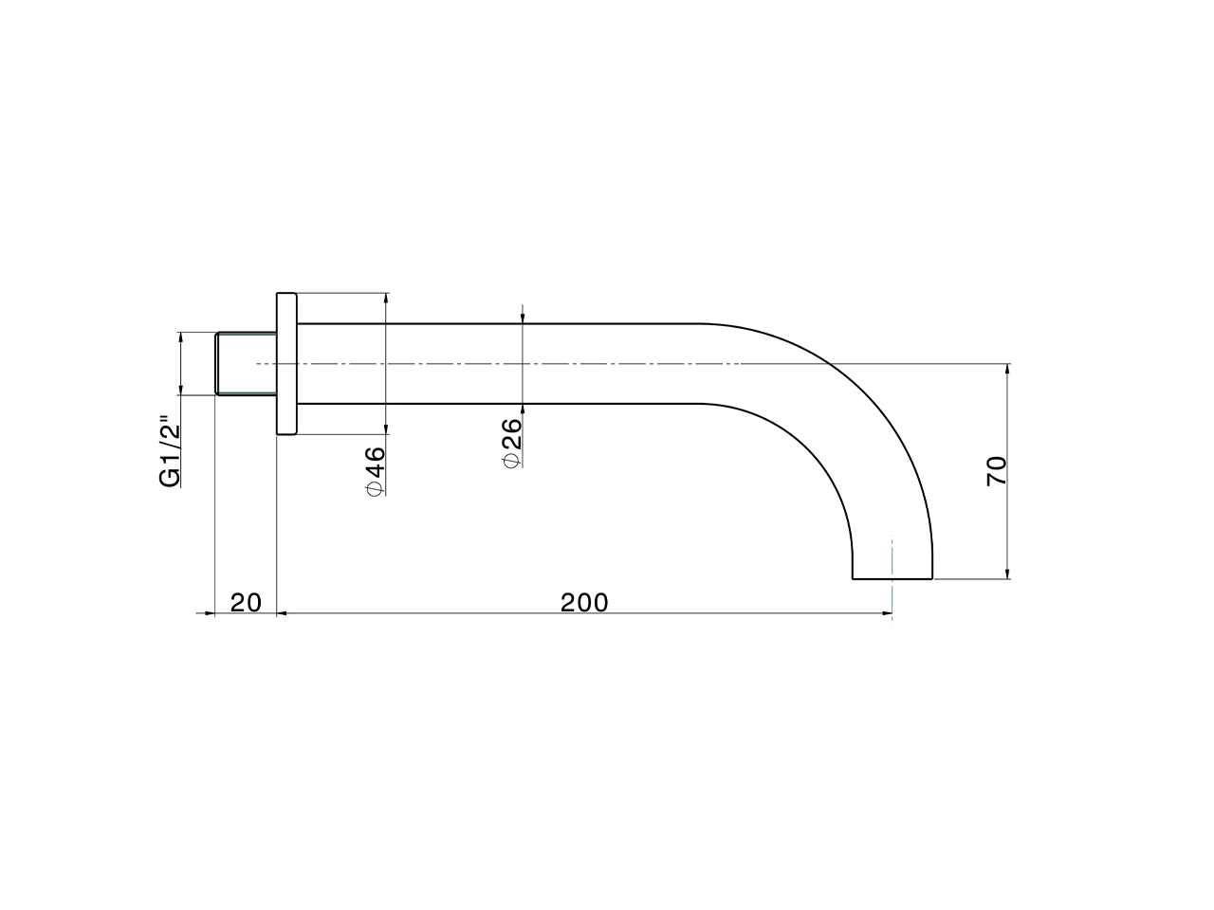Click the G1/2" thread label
point(169,451)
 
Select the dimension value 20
point(246,602)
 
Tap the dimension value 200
point(584,602)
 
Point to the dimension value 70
point(996,470)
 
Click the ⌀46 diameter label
point(375,470)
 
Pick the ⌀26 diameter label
point(510,442)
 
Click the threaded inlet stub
point(246,363)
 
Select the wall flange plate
point(286,363)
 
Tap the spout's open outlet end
point(892,577)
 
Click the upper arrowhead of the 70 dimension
point(1007,370)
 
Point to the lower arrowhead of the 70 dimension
point(1007,572)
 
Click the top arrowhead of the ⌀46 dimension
point(386,300)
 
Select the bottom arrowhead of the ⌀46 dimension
point(386,428)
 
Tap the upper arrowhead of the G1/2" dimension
point(180,338)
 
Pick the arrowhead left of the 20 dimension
point(210,613)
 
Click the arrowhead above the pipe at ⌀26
point(523,318)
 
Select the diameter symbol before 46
point(375,489)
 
